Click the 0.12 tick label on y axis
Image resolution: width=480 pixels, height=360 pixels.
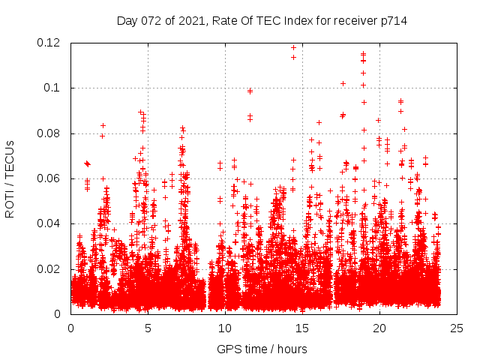click(49, 43)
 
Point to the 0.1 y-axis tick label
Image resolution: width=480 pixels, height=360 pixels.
click(55, 88)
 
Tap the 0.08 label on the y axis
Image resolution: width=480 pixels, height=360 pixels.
click(49, 133)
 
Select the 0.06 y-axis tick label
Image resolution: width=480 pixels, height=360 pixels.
click(49, 178)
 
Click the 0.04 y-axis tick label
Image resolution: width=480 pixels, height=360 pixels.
click(49, 223)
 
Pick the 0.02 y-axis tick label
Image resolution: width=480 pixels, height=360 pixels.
click(49, 269)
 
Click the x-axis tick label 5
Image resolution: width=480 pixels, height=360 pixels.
click(148, 328)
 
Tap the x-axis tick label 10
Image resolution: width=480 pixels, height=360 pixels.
click(225, 328)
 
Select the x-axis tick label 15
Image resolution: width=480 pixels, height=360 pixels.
click(302, 328)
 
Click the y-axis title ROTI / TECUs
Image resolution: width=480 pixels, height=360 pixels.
click(10, 178)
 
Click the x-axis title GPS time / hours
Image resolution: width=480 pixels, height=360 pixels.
click(262, 349)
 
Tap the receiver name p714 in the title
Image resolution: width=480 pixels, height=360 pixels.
click(392, 21)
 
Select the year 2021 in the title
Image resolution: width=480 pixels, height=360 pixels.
click(192, 21)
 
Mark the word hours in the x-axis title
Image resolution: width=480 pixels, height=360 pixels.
click(292, 349)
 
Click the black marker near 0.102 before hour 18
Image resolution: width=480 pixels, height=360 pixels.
click(343, 83)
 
